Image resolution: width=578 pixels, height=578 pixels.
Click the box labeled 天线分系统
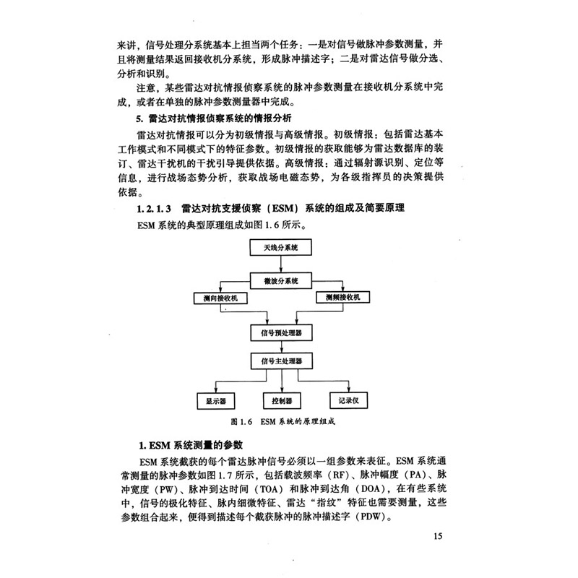280,247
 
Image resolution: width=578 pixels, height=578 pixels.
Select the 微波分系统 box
281,281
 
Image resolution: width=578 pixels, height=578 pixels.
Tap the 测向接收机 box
220,298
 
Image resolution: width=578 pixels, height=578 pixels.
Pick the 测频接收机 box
342,297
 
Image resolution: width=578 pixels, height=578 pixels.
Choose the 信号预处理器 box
281,333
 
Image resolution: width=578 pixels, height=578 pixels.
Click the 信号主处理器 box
282,361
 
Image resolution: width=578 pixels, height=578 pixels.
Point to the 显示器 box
216,401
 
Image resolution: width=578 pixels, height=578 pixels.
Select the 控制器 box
282,401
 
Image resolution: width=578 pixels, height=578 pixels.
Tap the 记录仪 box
348,400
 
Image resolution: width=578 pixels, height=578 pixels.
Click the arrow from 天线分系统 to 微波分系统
281,264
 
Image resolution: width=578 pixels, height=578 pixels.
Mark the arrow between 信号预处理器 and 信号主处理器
282,347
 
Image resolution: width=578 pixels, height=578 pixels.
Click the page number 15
438,536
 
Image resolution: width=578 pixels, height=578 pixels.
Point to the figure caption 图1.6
241,422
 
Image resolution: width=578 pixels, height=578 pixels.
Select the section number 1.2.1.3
154,209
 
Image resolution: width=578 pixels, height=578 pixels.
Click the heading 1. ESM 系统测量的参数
191,445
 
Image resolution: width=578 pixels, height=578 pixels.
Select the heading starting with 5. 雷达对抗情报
214,118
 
